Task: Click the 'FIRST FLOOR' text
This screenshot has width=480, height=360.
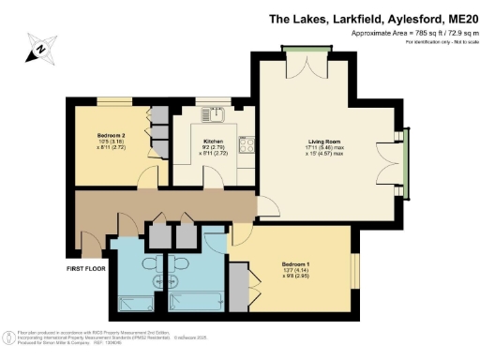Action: pyautogui.click(x=85, y=269)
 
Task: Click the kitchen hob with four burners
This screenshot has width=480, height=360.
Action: pyautogui.click(x=250, y=146)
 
